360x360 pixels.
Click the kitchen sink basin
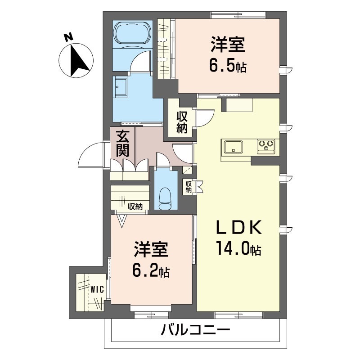233,146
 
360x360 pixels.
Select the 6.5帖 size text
227,67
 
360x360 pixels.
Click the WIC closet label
97,290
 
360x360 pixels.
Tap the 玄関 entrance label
122,144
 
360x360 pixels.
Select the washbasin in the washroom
121,87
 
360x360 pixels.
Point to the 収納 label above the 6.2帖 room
135,207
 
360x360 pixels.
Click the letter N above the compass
68,37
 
